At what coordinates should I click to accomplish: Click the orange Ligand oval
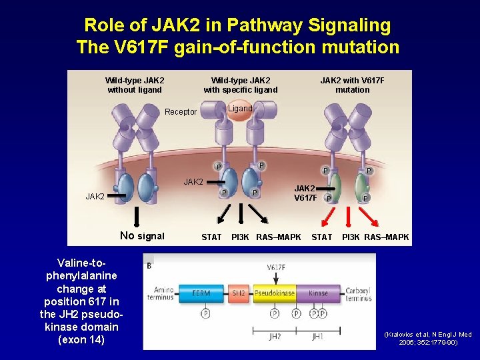point(239,109)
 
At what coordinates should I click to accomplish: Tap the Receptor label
point(181,112)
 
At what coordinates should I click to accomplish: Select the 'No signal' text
point(142,235)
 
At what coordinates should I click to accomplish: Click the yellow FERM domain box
point(201,293)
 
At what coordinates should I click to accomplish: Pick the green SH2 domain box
point(238,293)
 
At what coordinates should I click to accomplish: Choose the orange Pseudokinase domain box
point(274,293)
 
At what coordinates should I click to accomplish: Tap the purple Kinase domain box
point(319,293)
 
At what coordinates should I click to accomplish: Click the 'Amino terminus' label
point(163,293)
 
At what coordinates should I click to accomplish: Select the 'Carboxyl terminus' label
point(361,293)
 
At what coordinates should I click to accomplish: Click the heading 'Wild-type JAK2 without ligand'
point(135,85)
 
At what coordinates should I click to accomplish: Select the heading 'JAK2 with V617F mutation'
point(352,85)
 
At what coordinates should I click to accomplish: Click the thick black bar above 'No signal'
point(137,217)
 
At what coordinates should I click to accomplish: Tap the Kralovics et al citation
point(427,338)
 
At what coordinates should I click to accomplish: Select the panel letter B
point(149,265)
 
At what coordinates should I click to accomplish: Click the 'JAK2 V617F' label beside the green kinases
point(306,193)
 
